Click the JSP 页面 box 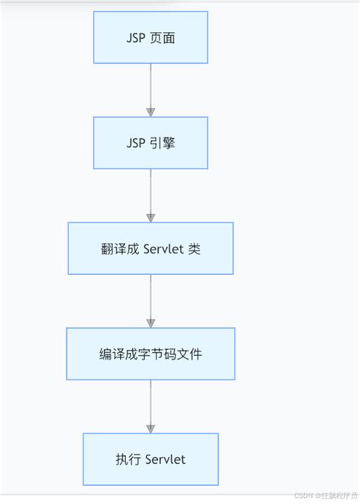150,37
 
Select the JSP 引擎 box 150,143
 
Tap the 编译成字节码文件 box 150,354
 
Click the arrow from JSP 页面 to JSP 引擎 150,90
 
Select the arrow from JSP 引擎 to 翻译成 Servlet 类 150,195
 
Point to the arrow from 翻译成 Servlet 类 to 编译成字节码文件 150,301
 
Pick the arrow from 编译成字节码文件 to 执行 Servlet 150,406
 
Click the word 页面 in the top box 163,37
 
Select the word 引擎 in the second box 163,143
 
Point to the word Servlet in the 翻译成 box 163,248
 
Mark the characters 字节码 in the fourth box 150,354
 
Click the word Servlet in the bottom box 163,459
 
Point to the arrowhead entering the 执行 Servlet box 150,428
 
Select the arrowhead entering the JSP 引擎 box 150,112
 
